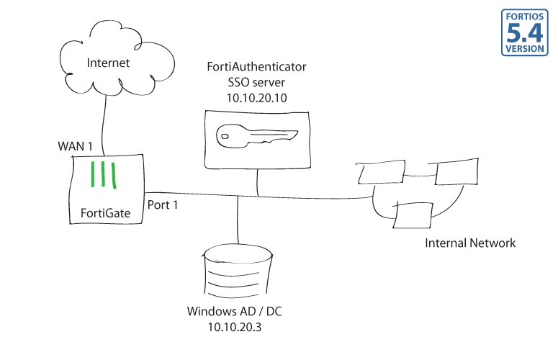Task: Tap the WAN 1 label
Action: click(76, 146)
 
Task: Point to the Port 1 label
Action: click(163, 205)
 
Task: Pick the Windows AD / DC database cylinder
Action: click(237, 270)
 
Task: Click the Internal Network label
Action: click(470, 243)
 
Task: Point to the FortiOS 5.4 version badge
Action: click(525, 33)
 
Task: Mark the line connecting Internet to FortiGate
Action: click(105, 126)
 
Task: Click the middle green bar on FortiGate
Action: click(104, 176)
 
